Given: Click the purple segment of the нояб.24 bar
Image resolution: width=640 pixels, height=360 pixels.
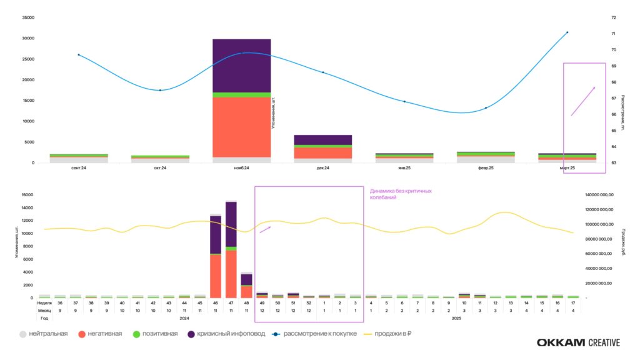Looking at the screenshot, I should [x=241, y=65].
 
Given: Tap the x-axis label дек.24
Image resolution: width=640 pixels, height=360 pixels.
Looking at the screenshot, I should [x=323, y=168].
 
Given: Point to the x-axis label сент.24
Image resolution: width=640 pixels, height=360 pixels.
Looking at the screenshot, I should [x=79, y=168].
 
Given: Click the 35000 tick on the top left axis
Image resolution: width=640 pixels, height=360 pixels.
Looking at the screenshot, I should [x=28, y=17].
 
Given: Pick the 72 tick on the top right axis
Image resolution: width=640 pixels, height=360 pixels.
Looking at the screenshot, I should [x=613, y=17].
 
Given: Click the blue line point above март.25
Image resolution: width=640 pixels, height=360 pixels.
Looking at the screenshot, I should [x=567, y=32].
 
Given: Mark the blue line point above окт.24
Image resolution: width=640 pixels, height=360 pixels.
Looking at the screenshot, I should [x=160, y=90].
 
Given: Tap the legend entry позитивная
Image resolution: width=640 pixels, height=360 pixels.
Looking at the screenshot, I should [x=157, y=334].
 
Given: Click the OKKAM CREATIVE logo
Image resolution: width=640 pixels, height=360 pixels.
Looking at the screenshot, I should [x=578, y=342].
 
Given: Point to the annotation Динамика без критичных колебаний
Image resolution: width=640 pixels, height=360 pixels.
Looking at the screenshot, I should [x=401, y=194].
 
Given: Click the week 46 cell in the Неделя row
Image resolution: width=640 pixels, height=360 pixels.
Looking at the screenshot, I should [x=216, y=302].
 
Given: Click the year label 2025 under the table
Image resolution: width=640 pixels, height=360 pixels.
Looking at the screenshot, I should [x=456, y=318].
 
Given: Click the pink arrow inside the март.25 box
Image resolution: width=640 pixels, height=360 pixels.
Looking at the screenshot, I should [x=582, y=101].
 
